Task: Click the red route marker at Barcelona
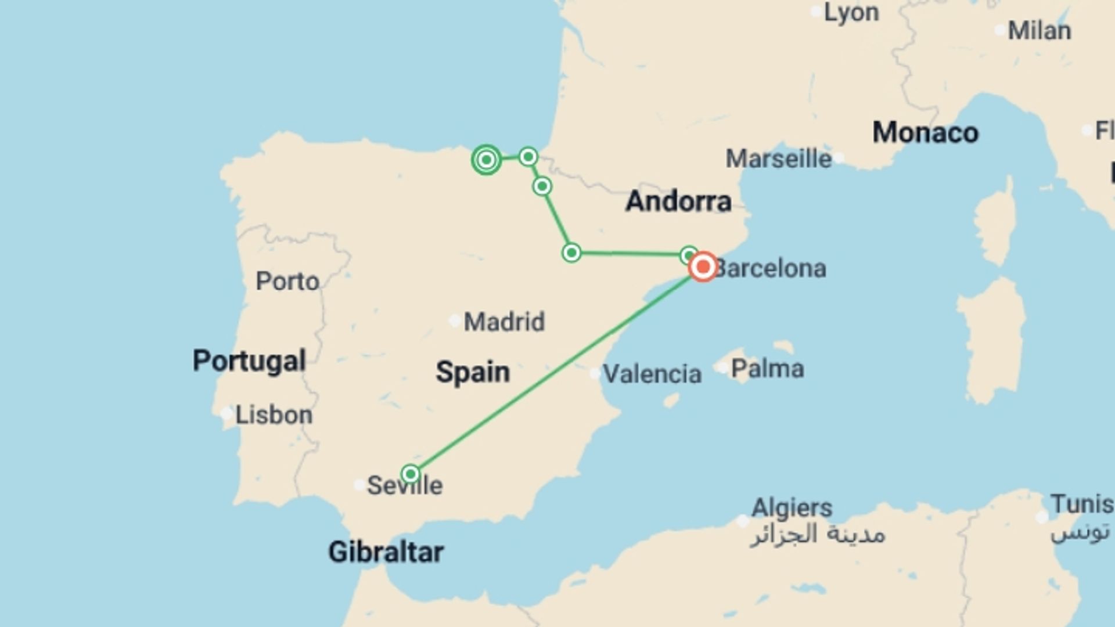coord(703,267)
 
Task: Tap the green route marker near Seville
coord(411,474)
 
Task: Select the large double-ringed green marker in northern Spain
coord(487,160)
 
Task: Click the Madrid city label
coord(504,322)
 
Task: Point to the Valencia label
coord(652,374)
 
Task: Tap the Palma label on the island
coord(767,369)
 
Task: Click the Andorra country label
coord(678,201)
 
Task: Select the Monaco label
coord(925,132)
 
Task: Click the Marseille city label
coord(778,158)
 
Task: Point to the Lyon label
coord(851,13)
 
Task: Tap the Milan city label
coord(1039,31)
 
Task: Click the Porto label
coord(287,282)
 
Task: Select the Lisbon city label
coord(274,415)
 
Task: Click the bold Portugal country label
coord(249,361)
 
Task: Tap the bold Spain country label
coord(473,372)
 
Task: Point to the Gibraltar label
coord(386,552)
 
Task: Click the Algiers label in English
coord(792,508)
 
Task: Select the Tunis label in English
coord(1081,504)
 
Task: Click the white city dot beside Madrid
coord(455,320)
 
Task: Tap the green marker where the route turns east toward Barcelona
coord(571,253)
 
